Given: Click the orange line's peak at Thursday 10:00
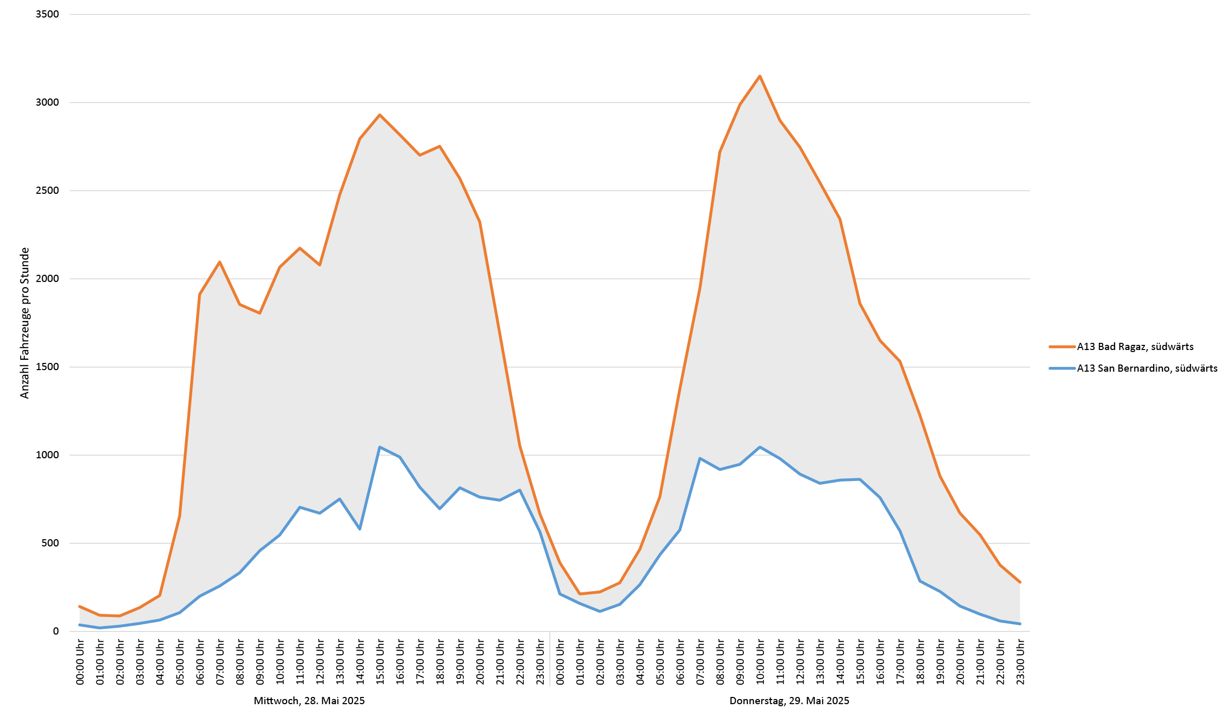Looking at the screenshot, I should pos(760,76).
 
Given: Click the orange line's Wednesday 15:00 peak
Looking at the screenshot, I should pos(379,115).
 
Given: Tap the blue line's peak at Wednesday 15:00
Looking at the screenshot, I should pos(379,447).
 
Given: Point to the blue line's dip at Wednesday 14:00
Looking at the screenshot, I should pos(359,529).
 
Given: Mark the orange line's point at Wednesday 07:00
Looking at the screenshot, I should pos(220,262).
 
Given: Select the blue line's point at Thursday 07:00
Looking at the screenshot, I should pos(700,458).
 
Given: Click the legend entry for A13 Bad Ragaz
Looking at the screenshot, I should pos(1135,347).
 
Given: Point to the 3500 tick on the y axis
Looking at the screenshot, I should pos(47,14).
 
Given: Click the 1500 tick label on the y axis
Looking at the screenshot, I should pos(47,367).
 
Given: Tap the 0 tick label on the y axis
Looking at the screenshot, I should pos(56,631).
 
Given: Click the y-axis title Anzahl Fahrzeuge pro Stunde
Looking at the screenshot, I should pos(25,323).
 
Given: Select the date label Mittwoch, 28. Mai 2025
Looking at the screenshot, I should pos(309,701).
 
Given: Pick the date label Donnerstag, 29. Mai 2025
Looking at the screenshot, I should pos(789,701).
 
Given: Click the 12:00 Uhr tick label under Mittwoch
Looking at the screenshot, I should pos(320,662).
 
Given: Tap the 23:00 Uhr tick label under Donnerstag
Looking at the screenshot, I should pos(1020,662).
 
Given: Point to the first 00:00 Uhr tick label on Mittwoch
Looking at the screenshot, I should pos(80,662).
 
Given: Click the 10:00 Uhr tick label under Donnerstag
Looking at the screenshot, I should pos(760,662).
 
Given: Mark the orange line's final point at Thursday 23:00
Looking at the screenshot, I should pos(1020,582).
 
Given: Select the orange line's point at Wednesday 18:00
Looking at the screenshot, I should pos(440,146).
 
